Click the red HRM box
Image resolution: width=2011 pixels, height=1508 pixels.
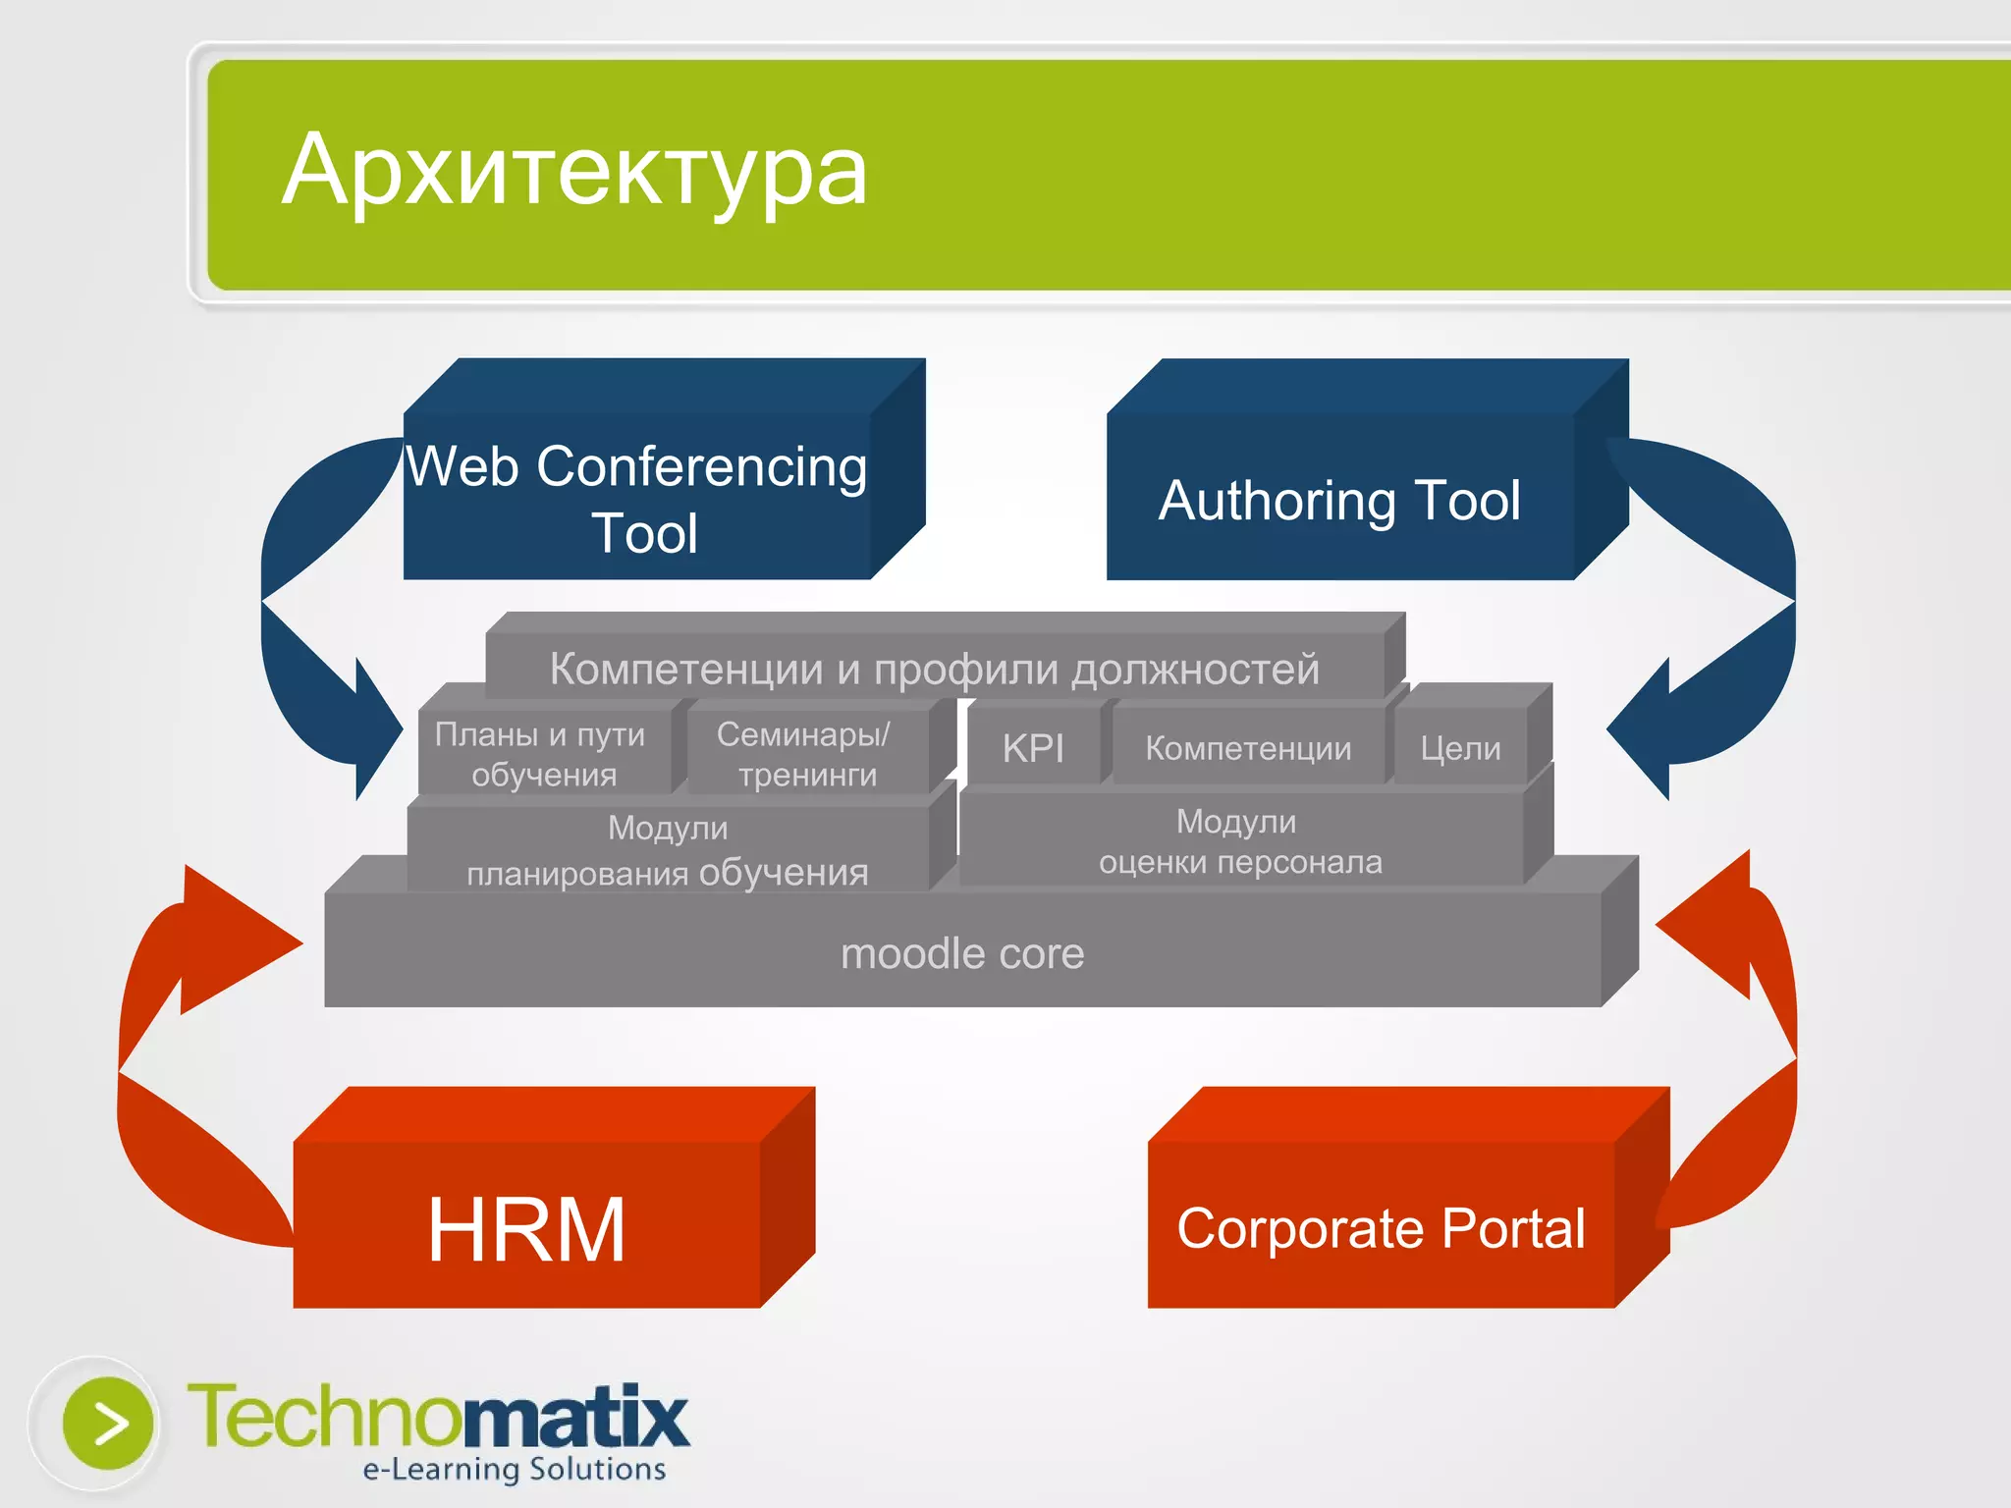[526, 1227]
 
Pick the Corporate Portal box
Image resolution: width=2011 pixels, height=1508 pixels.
[1381, 1227]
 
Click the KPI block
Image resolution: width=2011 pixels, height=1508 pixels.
[1033, 749]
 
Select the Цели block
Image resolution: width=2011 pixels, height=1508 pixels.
[1460, 749]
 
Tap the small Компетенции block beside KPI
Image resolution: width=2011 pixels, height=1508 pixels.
[1248, 749]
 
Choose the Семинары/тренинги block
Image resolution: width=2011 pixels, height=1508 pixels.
[805, 754]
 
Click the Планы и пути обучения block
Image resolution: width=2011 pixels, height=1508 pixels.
[541, 754]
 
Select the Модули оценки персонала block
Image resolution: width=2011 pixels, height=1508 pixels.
[1239, 841]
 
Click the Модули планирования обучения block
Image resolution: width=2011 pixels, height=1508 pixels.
[668, 850]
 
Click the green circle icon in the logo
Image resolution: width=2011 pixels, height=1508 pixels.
[108, 1423]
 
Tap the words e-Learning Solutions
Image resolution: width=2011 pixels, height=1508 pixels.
[514, 1470]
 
